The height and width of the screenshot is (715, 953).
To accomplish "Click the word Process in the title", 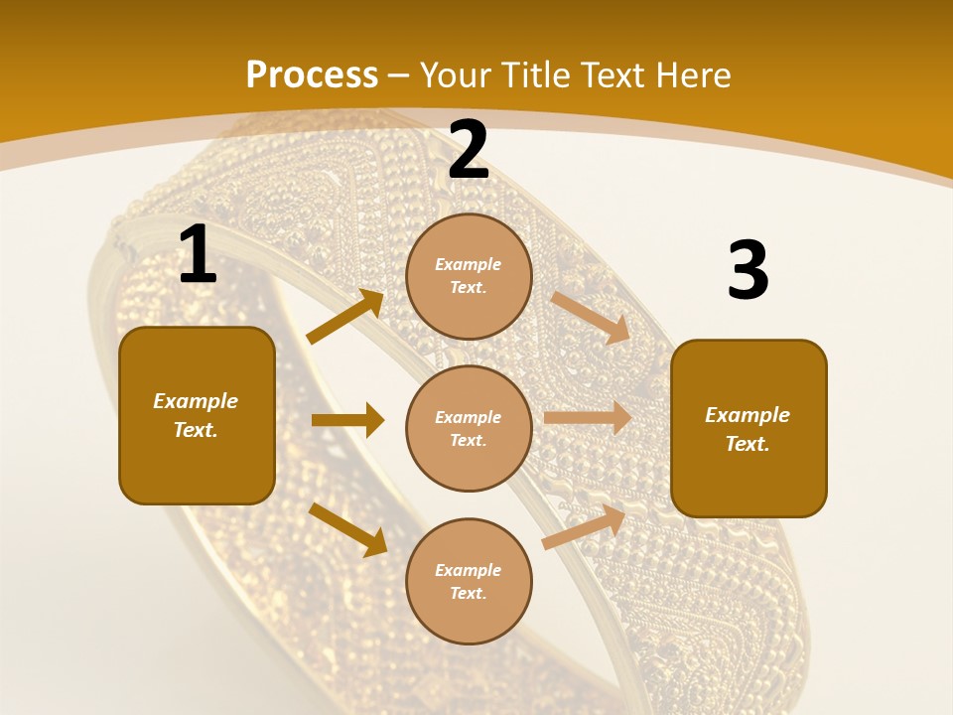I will click(312, 75).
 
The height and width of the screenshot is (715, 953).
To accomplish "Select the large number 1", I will click(198, 255).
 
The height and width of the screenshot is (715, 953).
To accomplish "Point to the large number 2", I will click(469, 150).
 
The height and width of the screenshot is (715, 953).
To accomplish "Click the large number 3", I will click(748, 271).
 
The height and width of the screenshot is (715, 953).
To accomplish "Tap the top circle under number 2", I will click(469, 276).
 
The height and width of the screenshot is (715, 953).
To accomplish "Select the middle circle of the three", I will click(469, 428).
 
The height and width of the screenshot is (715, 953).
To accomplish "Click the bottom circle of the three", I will click(469, 581).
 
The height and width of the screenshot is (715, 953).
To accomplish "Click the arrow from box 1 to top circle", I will click(345, 317).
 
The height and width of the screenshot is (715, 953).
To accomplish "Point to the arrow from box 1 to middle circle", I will click(347, 420).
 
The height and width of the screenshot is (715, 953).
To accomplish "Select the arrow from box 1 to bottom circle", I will click(348, 529).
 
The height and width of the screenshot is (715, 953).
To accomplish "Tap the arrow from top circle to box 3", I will click(591, 317).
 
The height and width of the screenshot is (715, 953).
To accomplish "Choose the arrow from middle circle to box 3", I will click(588, 417).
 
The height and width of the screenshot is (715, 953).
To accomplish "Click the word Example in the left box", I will click(196, 401).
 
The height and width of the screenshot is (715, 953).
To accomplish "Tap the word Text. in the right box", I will click(748, 444).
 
